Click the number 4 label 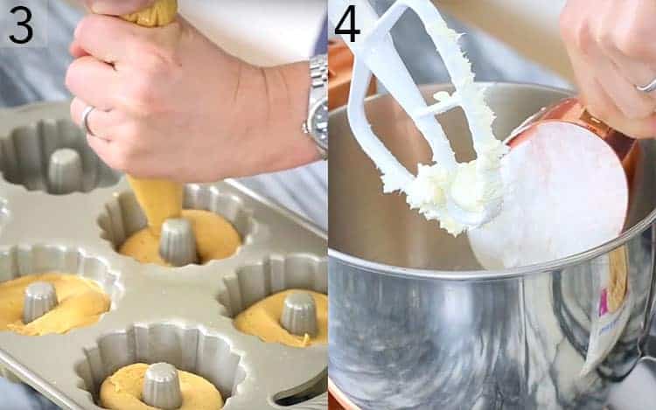pos(347,24)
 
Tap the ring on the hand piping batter pos(87,119)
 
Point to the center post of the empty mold pos(65,169)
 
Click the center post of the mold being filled pos(178,240)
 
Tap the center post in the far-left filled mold pos(39,301)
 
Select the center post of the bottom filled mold pos(162,384)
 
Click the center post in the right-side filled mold pos(299,313)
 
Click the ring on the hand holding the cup pos(647,85)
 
